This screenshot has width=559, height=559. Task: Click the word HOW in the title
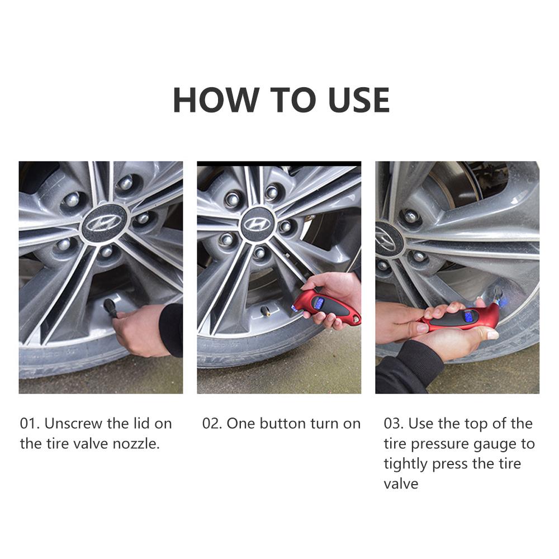pos(216,100)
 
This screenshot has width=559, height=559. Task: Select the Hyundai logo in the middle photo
pos(257,225)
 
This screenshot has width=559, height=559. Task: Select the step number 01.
pos(30,424)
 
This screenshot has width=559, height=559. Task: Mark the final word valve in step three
pos(401,484)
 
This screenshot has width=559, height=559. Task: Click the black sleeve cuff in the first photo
pos(172,330)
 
